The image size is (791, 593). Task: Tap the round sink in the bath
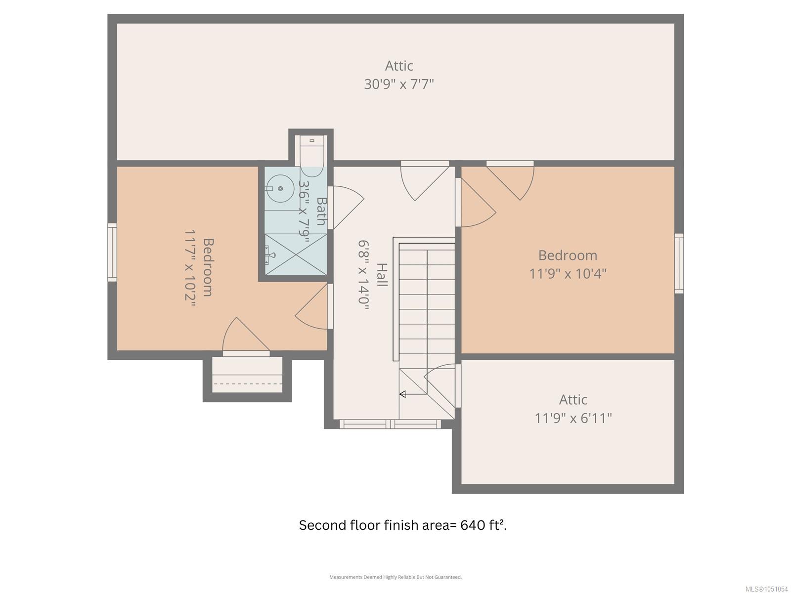tap(280, 188)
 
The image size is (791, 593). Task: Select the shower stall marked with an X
tap(296, 254)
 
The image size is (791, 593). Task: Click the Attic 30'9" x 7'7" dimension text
tap(398, 84)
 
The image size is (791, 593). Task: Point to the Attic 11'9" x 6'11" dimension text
tap(573, 419)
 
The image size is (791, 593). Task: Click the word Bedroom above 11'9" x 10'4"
tap(568, 255)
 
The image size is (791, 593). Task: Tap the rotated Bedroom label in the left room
tap(208, 267)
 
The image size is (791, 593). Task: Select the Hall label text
tap(382, 275)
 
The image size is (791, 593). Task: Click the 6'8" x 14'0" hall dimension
tap(363, 275)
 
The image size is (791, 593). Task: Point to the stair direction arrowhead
tap(402, 394)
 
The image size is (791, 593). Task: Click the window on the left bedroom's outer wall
tap(112, 253)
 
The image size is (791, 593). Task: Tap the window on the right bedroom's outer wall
tap(679, 263)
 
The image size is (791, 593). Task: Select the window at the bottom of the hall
tap(390, 424)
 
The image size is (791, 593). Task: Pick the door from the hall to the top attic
tap(425, 180)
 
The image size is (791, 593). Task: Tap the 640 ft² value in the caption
tap(483, 525)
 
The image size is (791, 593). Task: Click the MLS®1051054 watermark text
tap(766, 589)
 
